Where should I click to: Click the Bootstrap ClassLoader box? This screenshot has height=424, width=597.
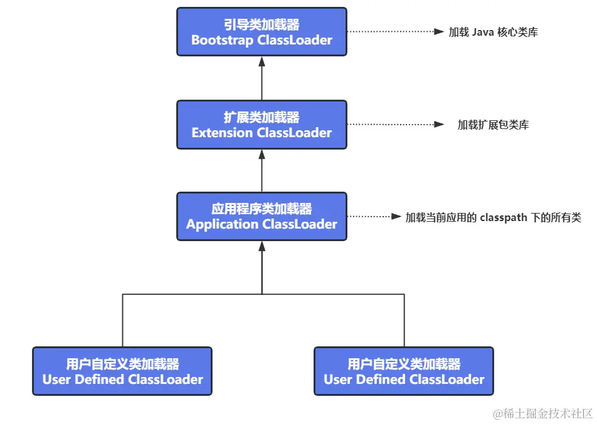tap(262, 31)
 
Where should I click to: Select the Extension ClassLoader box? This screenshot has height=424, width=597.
tap(262, 125)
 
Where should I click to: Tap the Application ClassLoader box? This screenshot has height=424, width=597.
tap(262, 217)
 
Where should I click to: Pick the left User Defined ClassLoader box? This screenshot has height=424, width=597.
tap(122, 371)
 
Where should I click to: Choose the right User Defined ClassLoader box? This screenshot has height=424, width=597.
tap(404, 371)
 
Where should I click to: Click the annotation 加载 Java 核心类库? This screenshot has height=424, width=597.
tap(493, 32)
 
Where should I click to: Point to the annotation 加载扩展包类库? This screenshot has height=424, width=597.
tap(493, 125)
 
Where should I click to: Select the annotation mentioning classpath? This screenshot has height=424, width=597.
tap(493, 217)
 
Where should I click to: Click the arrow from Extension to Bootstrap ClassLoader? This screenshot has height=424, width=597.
tap(262, 78)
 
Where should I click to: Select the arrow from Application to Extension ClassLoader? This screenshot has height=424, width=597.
tap(262, 170)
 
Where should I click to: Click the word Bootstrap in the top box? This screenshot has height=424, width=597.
tap(219, 40)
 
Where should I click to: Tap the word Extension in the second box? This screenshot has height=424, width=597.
tap(221, 133)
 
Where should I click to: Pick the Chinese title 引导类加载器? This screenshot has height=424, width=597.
tap(262, 24)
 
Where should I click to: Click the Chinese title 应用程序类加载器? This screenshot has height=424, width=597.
tap(262, 209)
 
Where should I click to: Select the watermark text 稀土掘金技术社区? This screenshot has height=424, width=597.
tap(547, 414)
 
